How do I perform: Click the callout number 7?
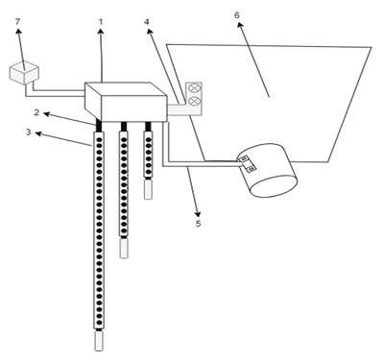17,22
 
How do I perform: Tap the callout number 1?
101,22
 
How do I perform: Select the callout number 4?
147,22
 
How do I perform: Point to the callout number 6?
237,15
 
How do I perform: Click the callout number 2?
36,112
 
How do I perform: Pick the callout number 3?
29,132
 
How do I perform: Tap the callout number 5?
199,223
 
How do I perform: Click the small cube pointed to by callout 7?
24,73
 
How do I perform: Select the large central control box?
126,102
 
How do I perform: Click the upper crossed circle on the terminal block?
194,88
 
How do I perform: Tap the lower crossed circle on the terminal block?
194,101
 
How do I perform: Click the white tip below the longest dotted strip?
99,341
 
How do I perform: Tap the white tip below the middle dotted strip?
124,248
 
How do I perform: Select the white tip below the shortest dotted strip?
148,189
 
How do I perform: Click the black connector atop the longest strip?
99,126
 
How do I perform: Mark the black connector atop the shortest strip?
148,126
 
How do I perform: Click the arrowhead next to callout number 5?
199,214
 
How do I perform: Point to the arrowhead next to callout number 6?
239,24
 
